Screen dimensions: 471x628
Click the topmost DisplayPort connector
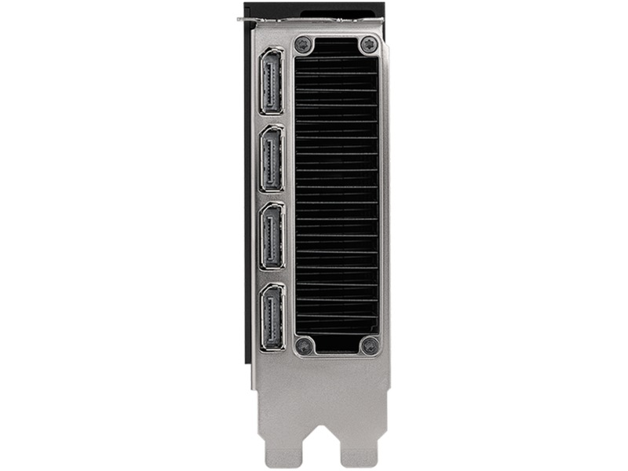click(x=272, y=81)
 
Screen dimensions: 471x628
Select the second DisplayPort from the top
click(x=272, y=158)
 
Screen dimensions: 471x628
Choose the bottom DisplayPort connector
click(x=272, y=317)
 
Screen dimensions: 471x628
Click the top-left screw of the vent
click(x=305, y=45)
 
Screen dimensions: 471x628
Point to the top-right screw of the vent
click(x=368, y=45)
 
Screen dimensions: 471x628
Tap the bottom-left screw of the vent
click(x=305, y=345)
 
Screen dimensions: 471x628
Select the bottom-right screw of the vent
click(x=368, y=345)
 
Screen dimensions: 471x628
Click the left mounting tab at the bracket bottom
click(x=279, y=444)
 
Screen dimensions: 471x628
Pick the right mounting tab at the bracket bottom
click(x=359, y=447)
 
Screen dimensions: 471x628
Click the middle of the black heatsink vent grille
click(x=336, y=195)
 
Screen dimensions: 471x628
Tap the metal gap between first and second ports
click(x=272, y=119)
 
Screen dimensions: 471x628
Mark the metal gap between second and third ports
click(x=272, y=196)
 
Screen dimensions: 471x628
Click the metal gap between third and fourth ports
click(x=272, y=276)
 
